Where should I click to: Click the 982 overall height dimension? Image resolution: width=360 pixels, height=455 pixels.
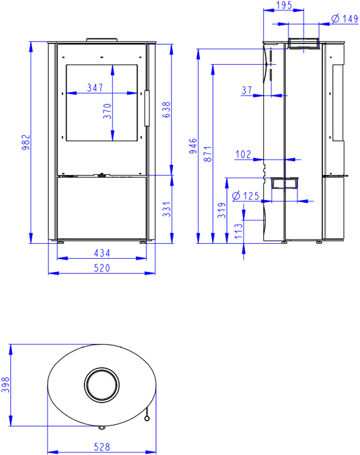click(26, 142)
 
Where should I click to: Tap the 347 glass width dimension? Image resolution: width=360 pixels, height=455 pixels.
click(95, 88)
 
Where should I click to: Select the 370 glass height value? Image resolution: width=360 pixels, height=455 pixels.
click(107, 111)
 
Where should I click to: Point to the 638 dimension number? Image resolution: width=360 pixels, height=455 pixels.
click(166, 110)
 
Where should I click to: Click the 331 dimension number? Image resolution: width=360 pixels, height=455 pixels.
click(167, 209)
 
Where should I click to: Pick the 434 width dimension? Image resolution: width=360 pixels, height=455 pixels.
click(102, 253)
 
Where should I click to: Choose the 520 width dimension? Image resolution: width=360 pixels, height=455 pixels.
click(102, 268)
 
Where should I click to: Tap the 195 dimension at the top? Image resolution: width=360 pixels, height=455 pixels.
click(284, 5)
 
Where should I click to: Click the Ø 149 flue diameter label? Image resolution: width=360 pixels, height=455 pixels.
click(344, 19)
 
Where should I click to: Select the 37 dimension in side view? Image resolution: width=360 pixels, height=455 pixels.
click(247, 90)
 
